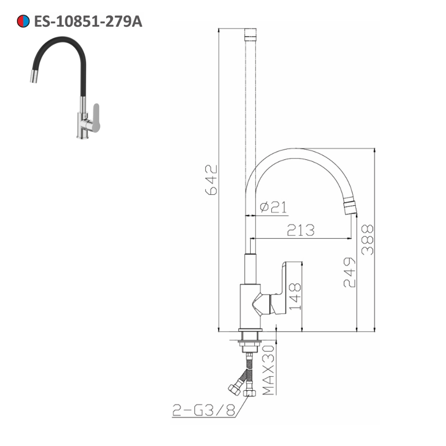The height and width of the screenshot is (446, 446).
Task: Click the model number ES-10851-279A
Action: [88, 21]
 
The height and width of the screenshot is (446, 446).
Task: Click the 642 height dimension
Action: [211, 180]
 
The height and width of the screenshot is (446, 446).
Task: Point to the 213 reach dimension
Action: [300, 230]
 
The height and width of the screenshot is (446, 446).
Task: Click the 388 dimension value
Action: [367, 240]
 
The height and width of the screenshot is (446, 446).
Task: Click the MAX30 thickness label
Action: [268, 370]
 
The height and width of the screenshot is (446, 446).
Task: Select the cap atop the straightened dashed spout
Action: [252, 34]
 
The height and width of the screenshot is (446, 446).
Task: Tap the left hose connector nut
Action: [234, 389]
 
